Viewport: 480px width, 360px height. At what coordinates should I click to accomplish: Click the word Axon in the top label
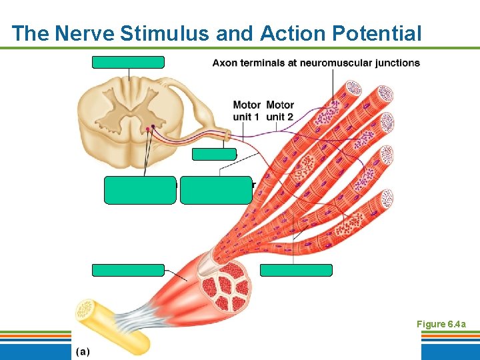[x=224, y=63]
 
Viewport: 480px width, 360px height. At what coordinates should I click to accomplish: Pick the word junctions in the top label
[x=397, y=63]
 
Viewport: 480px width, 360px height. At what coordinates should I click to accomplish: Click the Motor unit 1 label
[x=246, y=111]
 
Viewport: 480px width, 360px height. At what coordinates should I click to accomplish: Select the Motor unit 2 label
[x=280, y=111]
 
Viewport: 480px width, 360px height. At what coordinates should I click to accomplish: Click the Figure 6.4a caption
[x=441, y=324]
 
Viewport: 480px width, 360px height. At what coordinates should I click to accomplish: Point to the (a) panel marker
[x=82, y=351]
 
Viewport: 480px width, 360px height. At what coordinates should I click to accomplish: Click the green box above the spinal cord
[x=128, y=63]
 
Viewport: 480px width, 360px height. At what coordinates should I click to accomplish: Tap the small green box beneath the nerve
[x=214, y=154]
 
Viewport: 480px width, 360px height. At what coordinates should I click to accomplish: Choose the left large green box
[x=140, y=190]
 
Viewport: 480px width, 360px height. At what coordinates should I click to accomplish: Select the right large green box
[x=216, y=190]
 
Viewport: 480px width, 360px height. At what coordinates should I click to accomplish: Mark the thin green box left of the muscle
[x=128, y=270]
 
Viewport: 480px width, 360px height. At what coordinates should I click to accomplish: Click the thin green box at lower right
[x=296, y=270]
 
